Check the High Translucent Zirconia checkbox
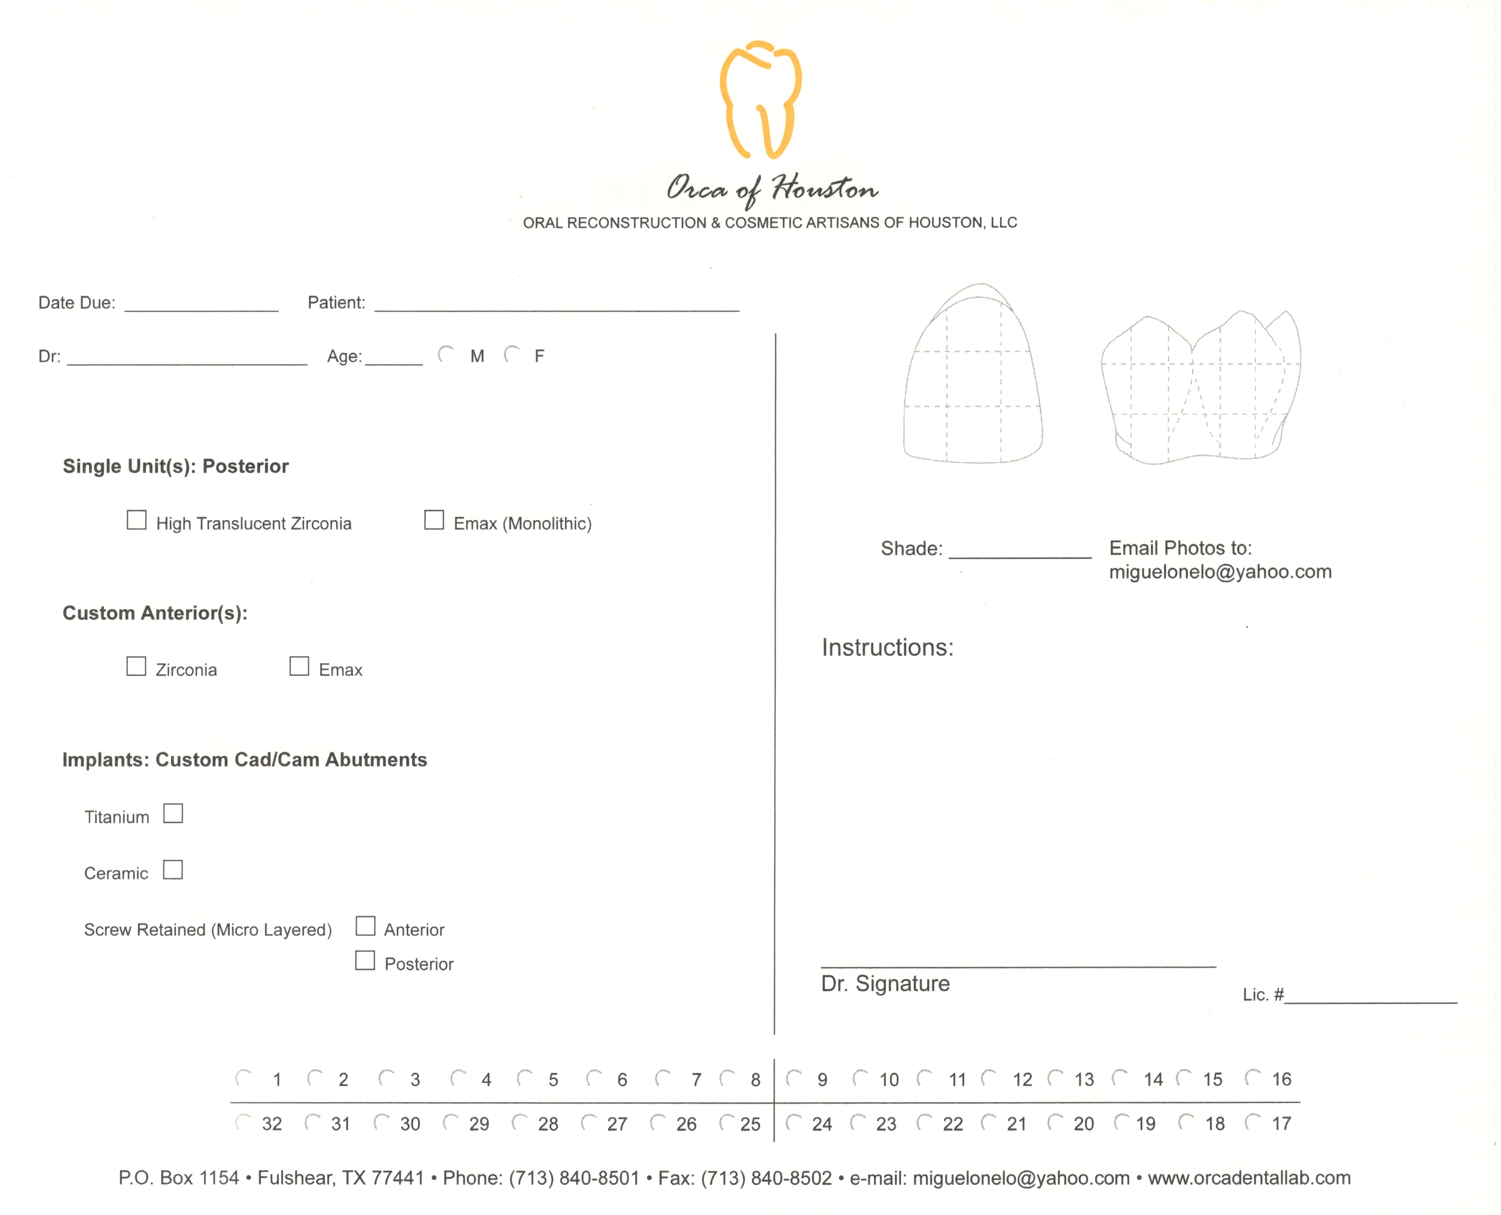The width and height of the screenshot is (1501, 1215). click(137, 520)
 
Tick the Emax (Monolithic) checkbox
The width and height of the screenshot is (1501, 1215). click(434, 520)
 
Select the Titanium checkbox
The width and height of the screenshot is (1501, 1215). click(173, 813)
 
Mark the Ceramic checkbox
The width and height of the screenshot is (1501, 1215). click(173, 870)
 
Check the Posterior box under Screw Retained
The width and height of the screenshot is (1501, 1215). click(364, 960)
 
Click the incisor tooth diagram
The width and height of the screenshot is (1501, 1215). click(973, 374)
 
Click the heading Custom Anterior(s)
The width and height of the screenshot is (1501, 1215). click(155, 613)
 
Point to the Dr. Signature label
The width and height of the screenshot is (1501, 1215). click(885, 983)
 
